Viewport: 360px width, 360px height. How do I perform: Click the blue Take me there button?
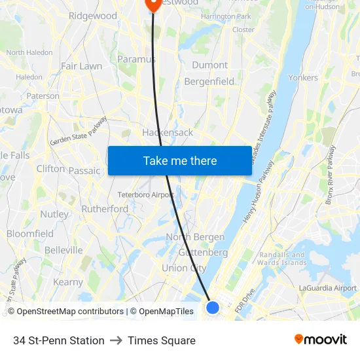coord(180,160)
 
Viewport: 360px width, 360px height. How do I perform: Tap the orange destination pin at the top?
coord(153,3)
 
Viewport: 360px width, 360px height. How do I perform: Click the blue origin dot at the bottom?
coord(212,306)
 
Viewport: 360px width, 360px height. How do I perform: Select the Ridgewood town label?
coord(92,16)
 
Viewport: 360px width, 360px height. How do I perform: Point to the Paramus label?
coord(136,60)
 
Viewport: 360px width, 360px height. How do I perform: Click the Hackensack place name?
coord(168,132)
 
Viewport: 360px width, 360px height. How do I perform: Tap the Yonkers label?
coord(303,77)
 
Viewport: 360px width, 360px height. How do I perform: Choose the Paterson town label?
coord(43,96)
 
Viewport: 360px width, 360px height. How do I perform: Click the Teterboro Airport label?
coord(145,194)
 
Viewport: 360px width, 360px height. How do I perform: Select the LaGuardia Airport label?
coord(327,288)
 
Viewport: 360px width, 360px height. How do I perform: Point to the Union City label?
coord(184,268)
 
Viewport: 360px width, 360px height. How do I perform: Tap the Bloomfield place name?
coord(30,234)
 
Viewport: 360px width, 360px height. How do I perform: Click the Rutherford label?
coord(105,209)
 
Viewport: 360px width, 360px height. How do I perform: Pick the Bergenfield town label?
coord(209,82)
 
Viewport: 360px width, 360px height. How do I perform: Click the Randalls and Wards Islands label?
coord(283,259)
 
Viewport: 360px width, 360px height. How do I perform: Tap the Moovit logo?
coord(321,339)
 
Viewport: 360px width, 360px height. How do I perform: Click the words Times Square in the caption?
coord(162,340)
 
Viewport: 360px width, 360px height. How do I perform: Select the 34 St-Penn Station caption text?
coord(59,340)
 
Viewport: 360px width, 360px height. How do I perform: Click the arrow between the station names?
coord(116,340)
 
